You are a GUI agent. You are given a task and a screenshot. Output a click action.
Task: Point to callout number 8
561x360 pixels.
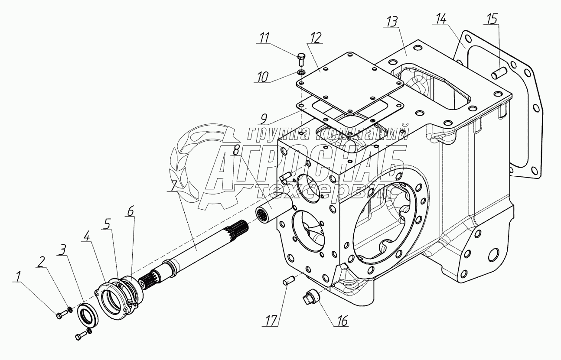point(236,151)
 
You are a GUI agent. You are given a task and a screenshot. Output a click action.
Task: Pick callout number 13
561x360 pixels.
point(393,22)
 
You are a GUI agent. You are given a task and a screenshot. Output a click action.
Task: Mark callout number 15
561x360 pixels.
point(492,19)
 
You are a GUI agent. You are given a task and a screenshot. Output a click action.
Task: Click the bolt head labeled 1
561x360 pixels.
point(59,315)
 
